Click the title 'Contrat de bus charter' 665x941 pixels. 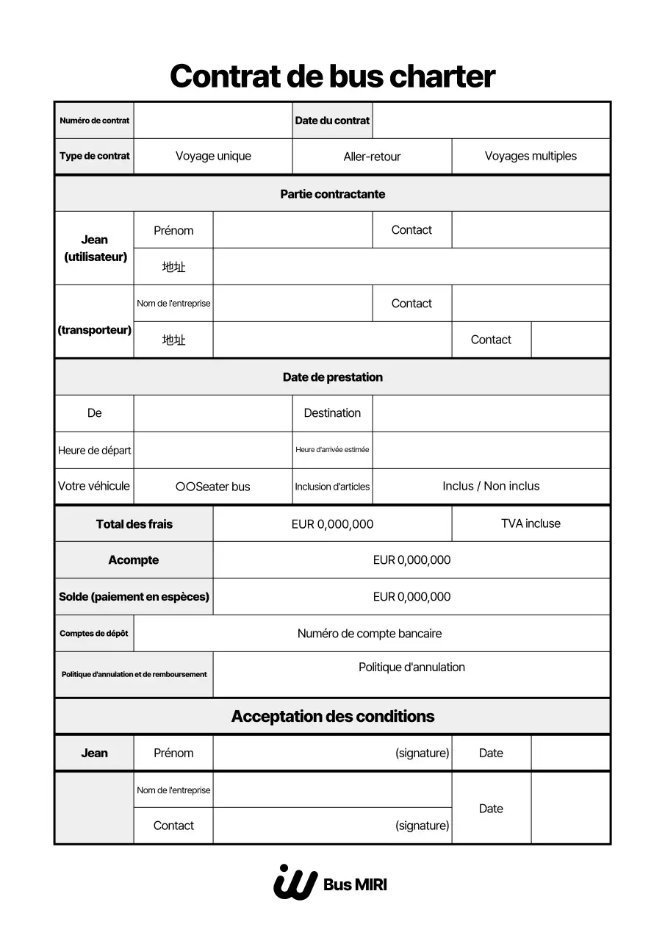[x=332, y=76]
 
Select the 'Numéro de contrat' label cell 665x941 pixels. [x=94, y=121]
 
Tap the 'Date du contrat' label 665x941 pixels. [x=332, y=121]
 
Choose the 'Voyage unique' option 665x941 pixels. [x=213, y=156]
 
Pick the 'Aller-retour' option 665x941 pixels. [x=372, y=157]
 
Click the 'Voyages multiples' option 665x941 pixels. [x=531, y=156]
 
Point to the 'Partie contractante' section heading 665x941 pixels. [x=332, y=194]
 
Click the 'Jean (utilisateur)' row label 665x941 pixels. [x=95, y=248]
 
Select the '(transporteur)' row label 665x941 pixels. [x=94, y=330]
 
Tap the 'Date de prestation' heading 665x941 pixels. [x=332, y=377]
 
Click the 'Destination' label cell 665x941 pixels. [x=332, y=413]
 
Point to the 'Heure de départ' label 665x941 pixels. [x=94, y=451]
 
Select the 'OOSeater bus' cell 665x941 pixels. [x=213, y=487]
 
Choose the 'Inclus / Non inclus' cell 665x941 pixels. [x=491, y=486]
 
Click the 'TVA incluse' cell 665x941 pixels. [x=531, y=523]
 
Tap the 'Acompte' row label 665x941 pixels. [x=133, y=560]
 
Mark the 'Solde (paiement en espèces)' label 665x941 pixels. [x=134, y=597]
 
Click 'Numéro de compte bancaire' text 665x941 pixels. [x=370, y=634]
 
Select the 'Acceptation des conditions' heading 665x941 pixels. [x=332, y=716]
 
